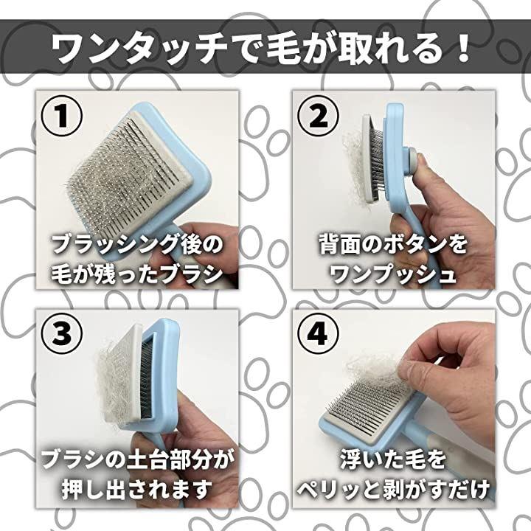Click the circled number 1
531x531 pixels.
point(61,116)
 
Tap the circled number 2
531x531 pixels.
point(318,117)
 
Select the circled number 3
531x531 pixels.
point(61,333)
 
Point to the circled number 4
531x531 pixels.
point(318,333)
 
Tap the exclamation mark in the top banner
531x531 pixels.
point(461,47)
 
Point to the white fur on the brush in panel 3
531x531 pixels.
point(112,383)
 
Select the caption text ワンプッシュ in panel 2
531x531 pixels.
point(393,274)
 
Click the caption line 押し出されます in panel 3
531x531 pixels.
point(136,489)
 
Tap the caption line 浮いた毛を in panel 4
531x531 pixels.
point(393,460)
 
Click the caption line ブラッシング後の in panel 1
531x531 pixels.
point(137,245)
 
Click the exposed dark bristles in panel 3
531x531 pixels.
point(146,379)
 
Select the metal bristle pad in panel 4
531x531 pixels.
point(367,408)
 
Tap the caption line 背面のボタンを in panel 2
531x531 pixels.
point(393,245)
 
